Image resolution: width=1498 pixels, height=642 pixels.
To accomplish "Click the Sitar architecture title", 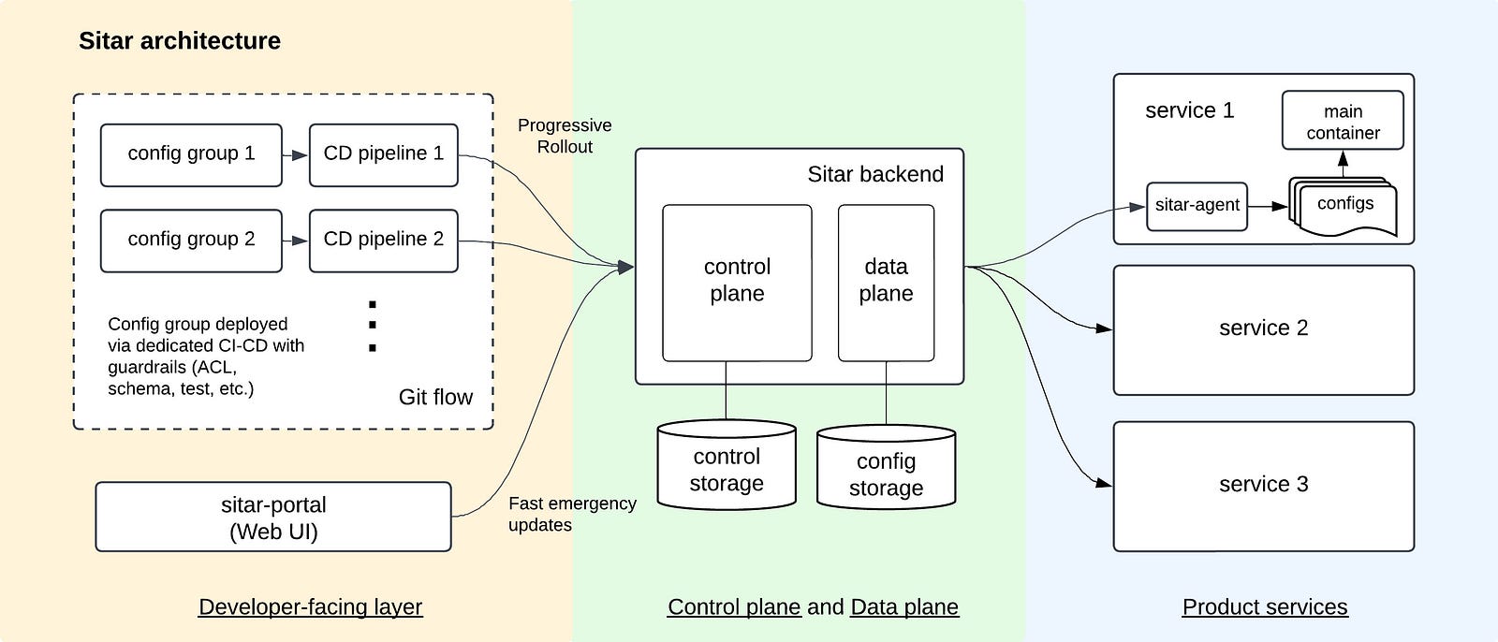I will click(180, 41).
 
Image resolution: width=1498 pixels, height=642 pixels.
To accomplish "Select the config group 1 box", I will click(191, 154).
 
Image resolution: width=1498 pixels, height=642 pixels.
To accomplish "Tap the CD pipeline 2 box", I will click(383, 240).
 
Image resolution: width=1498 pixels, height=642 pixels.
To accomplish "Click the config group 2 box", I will click(191, 240).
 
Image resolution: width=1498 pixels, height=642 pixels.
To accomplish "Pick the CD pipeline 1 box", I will click(383, 154).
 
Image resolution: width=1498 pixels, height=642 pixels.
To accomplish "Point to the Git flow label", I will click(435, 397).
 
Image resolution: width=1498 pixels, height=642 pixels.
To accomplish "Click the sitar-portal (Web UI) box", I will click(273, 518).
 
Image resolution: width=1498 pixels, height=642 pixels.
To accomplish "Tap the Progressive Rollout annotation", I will click(565, 136).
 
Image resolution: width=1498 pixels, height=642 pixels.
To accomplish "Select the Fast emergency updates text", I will click(572, 514).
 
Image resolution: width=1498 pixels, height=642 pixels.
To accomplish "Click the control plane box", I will click(737, 281).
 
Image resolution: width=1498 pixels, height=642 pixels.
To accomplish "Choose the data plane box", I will click(886, 281).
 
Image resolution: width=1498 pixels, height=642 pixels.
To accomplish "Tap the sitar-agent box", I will click(1197, 206).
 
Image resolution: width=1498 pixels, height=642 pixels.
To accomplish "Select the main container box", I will click(1343, 121).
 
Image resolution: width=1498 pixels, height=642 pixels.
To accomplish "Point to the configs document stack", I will click(1344, 206).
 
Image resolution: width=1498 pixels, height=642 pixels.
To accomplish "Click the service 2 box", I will click(1263, 328).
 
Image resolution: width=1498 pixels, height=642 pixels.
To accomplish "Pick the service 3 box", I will click(1263, 485).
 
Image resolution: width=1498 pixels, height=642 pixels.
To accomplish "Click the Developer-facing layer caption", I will click(310, 606).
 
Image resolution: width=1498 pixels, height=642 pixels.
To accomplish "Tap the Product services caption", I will click(1265, 606).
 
